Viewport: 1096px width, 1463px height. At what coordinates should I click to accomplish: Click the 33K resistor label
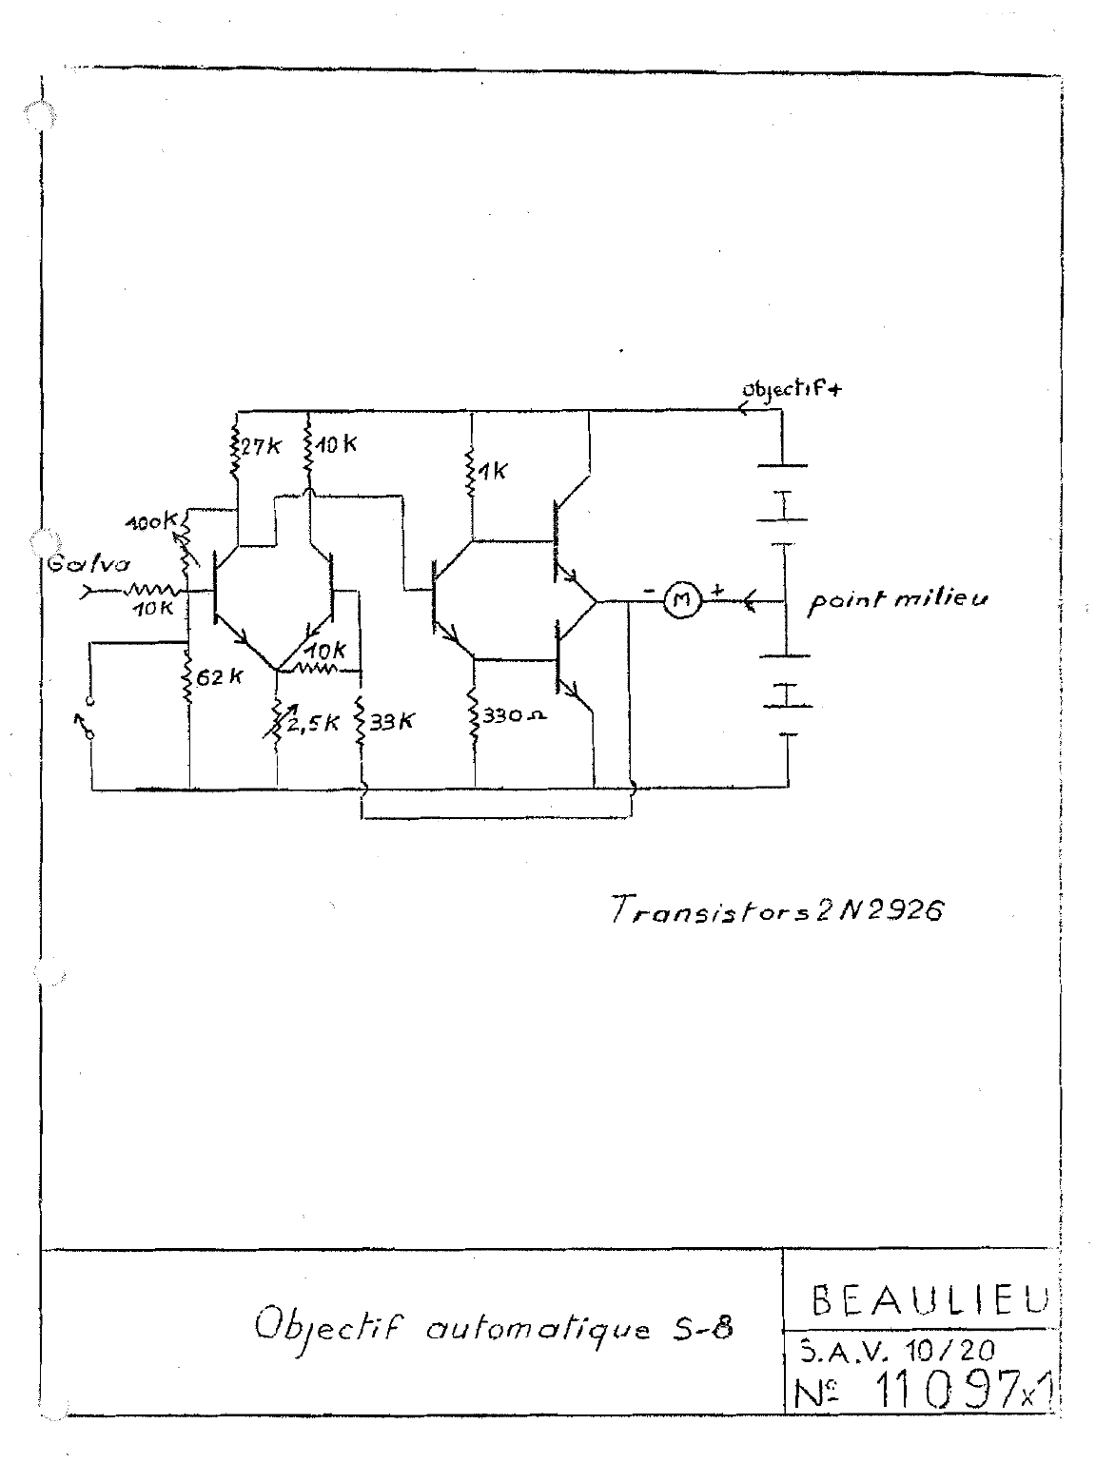[x=390, y=720]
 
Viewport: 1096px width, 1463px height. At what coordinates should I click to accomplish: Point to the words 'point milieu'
[x=895, y=602]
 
